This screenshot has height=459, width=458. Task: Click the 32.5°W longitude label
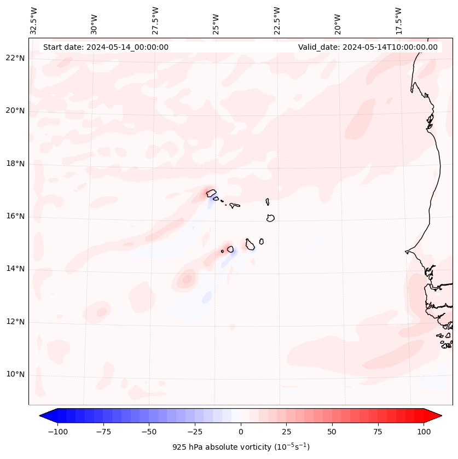click(x=34, y=20)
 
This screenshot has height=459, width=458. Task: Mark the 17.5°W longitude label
click(x=398, y=20)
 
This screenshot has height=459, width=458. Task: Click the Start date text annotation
click(x=106, y=47)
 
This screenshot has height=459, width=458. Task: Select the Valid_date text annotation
click(x=368, y=47)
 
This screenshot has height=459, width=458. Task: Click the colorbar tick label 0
click(x=241, y=432)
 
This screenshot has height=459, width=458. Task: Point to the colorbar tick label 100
click(x=423, y=432)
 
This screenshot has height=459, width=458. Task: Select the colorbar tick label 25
click(x=286, y=432)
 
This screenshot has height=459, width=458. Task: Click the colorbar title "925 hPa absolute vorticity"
click(x=241, y=447)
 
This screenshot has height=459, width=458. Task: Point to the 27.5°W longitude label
click(x=155, y=20)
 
